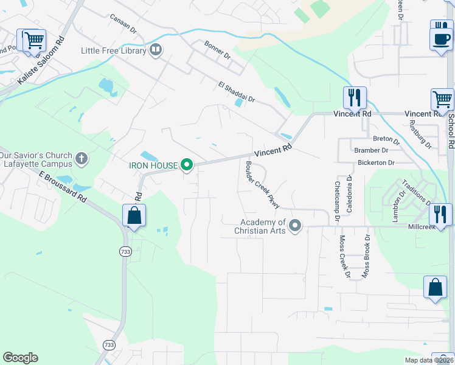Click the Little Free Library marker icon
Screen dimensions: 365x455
pyautogui.click(x=156, y=50)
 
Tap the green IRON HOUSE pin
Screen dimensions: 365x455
pyautogui.click(x=187, y=165)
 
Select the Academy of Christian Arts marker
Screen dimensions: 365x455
pyautogui.click(x=296, y=226)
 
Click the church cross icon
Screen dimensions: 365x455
pyautogui.click(x=82, y=159)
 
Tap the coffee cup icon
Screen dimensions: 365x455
pyautogui.click(x=441, y=39)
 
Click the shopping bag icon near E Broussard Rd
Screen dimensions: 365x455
pyautogui.click(x=134, y=215)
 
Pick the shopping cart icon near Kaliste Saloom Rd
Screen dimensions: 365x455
pyautogui.click(x=34, y=41)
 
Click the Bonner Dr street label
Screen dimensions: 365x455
pyautogui.click(x=218, y=50)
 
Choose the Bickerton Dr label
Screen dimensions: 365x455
pyautogui.click(x=377, y=162)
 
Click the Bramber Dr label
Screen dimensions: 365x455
pyautogui.click(x=370, y=150)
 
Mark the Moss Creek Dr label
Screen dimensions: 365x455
pyautogui.click(x=344, y=257)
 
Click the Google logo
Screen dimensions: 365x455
pyautogui.click(x=20, y=358)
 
